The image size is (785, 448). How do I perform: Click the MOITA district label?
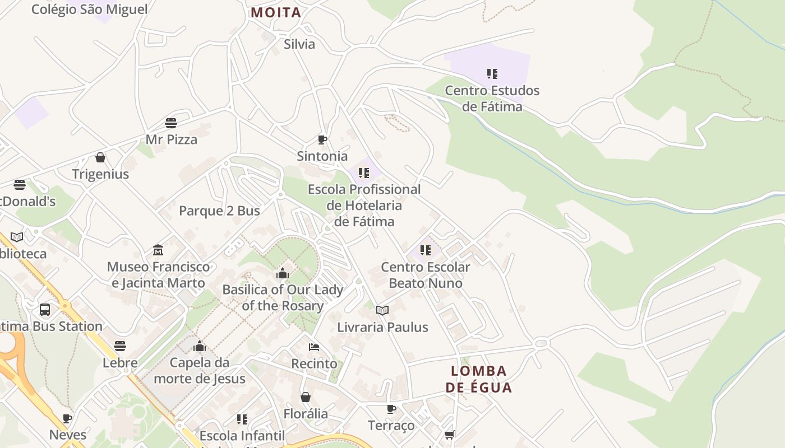(x=276, y=12)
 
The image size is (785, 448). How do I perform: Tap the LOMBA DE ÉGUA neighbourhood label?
(x=479, y=379)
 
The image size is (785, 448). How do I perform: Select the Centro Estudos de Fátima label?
(x=492, y=98)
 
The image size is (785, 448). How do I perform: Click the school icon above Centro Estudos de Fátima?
(x=492, y=74)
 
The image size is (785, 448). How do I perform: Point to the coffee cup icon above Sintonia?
(x=322, y=139)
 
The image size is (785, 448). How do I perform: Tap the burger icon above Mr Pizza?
(x=171, y=123)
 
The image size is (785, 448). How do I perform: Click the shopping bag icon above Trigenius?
(x=100, y=157)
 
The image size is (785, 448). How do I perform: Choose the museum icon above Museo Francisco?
(x=158, y=250)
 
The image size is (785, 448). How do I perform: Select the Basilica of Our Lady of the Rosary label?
(x=283, y=297)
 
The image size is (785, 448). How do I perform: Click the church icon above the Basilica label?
(x=283, y=273)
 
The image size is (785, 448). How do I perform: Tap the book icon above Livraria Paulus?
(x=382, y=310)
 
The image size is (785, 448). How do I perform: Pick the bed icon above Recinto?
(x=314, y=347)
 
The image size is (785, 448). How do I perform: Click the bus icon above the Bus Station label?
(x=45, y=309)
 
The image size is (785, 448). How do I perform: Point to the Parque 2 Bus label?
(x=219, y=211)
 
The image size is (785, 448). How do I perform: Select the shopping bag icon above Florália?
(x=306, y=397)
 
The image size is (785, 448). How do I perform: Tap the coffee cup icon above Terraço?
(x=391, y=409)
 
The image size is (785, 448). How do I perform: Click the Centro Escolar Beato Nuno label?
(x=426, y=275)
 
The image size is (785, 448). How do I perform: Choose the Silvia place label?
(x=299, y=44)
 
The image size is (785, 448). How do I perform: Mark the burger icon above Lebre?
(x=120, y=346)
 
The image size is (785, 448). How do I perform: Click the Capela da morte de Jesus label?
(x=200, y=370)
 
